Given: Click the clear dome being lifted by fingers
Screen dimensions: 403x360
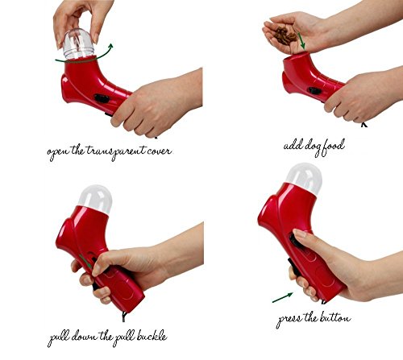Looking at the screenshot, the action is click(x=78, y=43).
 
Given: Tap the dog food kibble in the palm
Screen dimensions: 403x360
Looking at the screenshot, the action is click(x=285, y=35).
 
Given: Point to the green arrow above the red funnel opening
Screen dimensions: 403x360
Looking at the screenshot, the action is click(x=301, y=41).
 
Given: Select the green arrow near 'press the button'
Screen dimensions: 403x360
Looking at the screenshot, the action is click(x=282, y=297).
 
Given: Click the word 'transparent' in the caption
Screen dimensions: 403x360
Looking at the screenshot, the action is click(x=117, y=151).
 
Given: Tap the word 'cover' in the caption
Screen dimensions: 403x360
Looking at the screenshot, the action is click(x=159, y=151).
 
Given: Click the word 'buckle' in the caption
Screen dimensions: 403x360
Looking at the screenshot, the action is click(x=152, y=336).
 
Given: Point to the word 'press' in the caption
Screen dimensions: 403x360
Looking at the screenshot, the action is click(x=289, y=320).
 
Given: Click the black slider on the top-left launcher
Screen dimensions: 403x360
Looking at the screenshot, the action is click(x=102, y=98).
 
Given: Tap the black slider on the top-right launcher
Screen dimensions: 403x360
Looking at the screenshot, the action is click(x=315, y=90).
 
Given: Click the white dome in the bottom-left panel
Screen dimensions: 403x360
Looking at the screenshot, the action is click(x=96, y=198).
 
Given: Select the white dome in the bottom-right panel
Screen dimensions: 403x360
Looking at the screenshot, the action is click(x=305, y=178).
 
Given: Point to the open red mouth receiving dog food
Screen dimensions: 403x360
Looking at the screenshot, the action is click(x=297, y=55).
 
